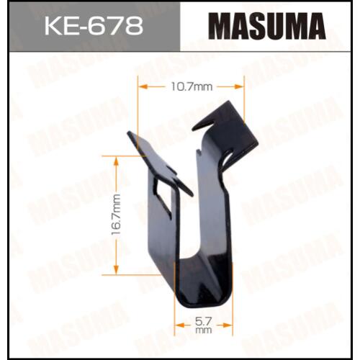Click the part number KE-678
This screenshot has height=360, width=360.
coord(94,26)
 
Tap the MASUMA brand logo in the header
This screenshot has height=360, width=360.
coord(266,26)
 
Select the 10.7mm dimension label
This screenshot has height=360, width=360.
coord(192,87)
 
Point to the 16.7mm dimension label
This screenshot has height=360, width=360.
coord(116,215)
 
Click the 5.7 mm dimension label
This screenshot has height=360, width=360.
coord(204,325)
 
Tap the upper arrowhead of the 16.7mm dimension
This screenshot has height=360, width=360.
coord(116,161)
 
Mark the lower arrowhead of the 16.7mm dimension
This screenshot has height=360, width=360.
coord(116,270)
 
